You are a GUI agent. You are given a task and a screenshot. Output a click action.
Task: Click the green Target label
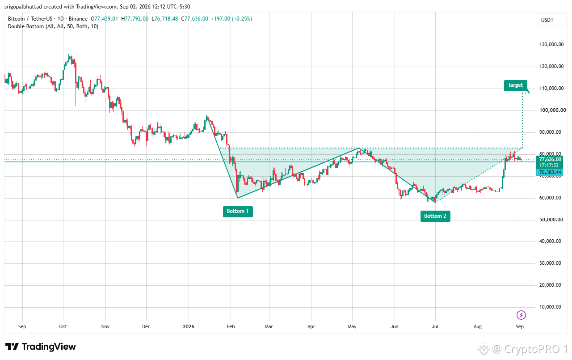(x=515, y=85)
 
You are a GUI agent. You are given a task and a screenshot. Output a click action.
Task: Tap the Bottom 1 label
(x=238, y=211)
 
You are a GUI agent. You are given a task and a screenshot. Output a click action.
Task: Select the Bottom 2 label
(x=435, y=216)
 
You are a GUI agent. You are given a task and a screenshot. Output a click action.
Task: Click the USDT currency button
(x=547, y=20)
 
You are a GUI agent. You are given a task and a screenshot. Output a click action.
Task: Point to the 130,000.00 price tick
(x=551, y=44)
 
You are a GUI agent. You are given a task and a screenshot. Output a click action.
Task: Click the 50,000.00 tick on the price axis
(x=551, y=220)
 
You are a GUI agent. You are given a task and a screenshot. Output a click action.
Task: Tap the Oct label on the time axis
(x=63, y=326)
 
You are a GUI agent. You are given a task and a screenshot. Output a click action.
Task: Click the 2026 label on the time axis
(x=189, y=326)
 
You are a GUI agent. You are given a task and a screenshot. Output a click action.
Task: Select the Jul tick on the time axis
(x=435, y=326)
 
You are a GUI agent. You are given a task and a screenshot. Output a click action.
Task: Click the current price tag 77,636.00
(x=550, y=160)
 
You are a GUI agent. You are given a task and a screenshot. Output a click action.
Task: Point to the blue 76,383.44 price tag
(x=550, y=173)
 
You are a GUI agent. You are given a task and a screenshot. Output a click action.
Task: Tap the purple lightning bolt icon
(x=521, y=315)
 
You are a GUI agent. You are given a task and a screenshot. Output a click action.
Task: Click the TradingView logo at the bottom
(x=41, y=347)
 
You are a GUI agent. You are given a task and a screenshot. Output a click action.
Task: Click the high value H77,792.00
(x=135, y=19)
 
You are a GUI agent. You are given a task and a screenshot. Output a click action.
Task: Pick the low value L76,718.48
(x=165, y=19)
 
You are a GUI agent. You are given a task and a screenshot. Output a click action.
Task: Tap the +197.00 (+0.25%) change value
(x=231, y=19)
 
